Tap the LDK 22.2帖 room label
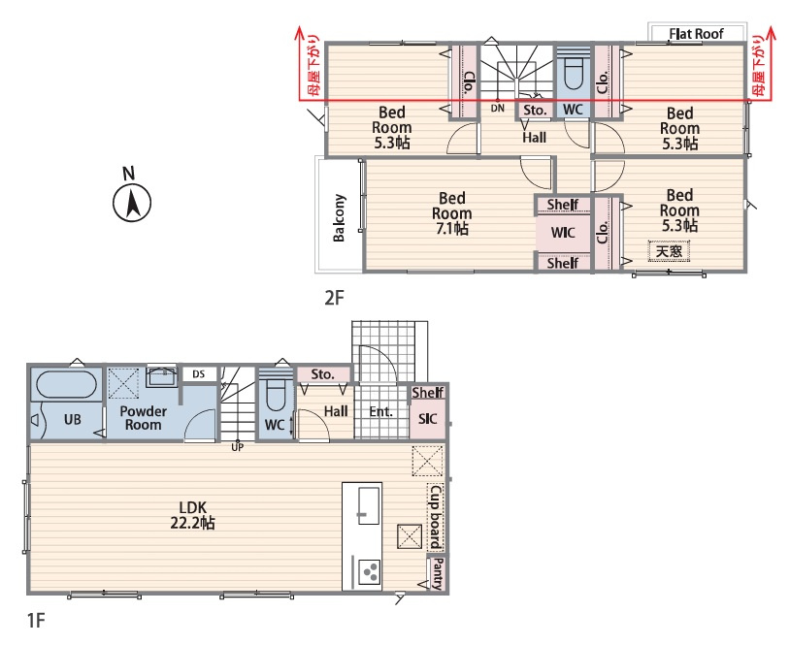point(192,515)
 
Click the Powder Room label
point(144,418)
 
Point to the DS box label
point(199,374)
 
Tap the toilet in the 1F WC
point(275,393)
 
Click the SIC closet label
point(427,418)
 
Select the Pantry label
point(438,573)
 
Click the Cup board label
point(436,517)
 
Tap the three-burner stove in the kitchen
point(370,572)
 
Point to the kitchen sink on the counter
point(369,505)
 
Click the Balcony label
point(339,217)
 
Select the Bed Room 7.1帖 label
point(452,213)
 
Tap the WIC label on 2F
point(563,233)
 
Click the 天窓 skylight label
point(669,250)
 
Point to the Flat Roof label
point(696,34)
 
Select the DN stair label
point(497,108)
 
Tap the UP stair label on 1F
point(238,446)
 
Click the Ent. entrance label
point(380,412)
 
